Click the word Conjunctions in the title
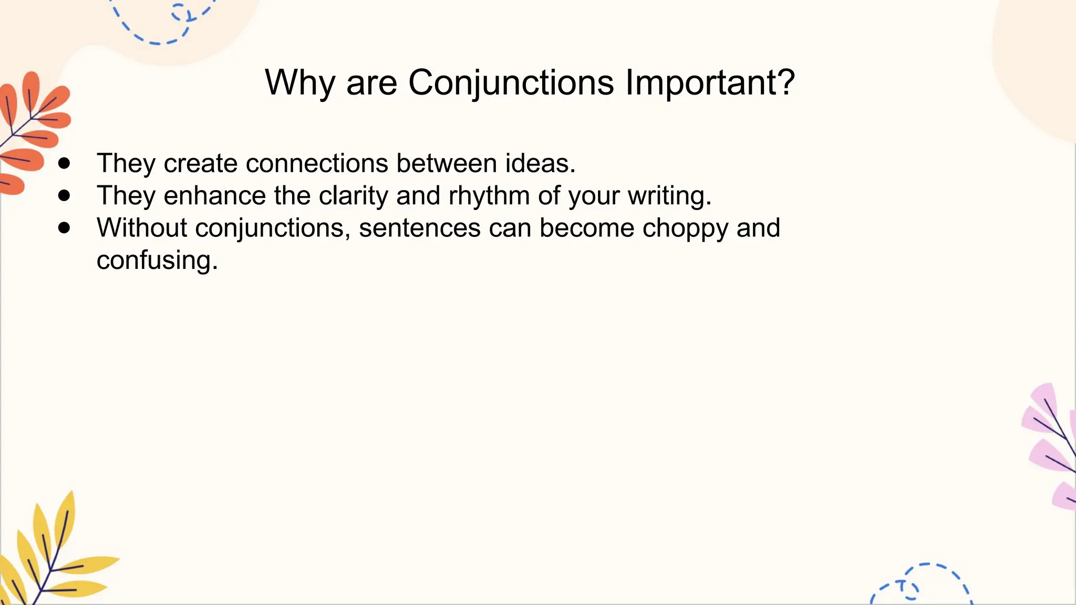click(511, 83)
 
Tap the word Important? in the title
click(710, 83)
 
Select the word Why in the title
click(299, 83)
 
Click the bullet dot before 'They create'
click(64, 163)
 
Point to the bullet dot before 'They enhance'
click(64, 196)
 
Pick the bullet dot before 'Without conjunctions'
click(64, 228)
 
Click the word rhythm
click(489, 196)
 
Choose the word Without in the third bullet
click(142, 228)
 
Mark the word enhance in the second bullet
click(214, 196)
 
